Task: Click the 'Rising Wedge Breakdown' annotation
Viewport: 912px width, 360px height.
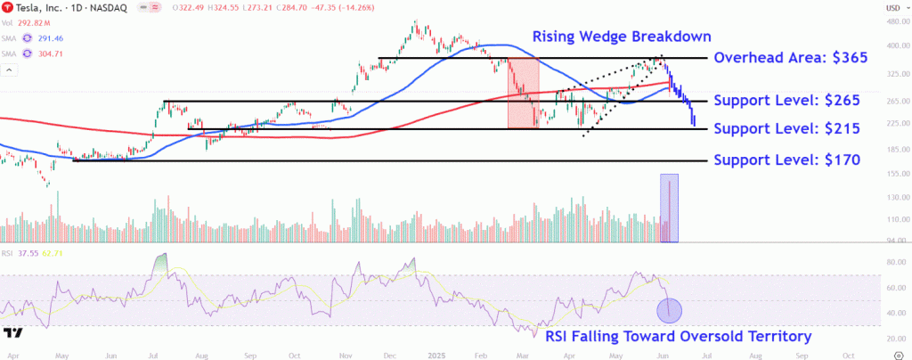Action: (622, 37)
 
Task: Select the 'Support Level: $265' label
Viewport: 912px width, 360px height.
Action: (788, 101)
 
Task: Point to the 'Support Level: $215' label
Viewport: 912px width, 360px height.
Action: (788, 129)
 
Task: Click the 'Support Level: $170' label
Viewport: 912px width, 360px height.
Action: (788, 160)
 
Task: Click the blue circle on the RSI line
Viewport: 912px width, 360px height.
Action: (669, 310)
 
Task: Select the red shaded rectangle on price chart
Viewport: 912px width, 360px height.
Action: (523, 93)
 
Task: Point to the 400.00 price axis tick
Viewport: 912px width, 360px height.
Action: (895, 45)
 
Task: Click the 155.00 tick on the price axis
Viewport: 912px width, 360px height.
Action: (895, 174)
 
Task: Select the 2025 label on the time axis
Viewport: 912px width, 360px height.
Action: (436, 355)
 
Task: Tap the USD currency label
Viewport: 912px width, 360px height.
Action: (894, 8)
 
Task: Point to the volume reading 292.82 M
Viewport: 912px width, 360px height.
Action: (35, 24)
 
